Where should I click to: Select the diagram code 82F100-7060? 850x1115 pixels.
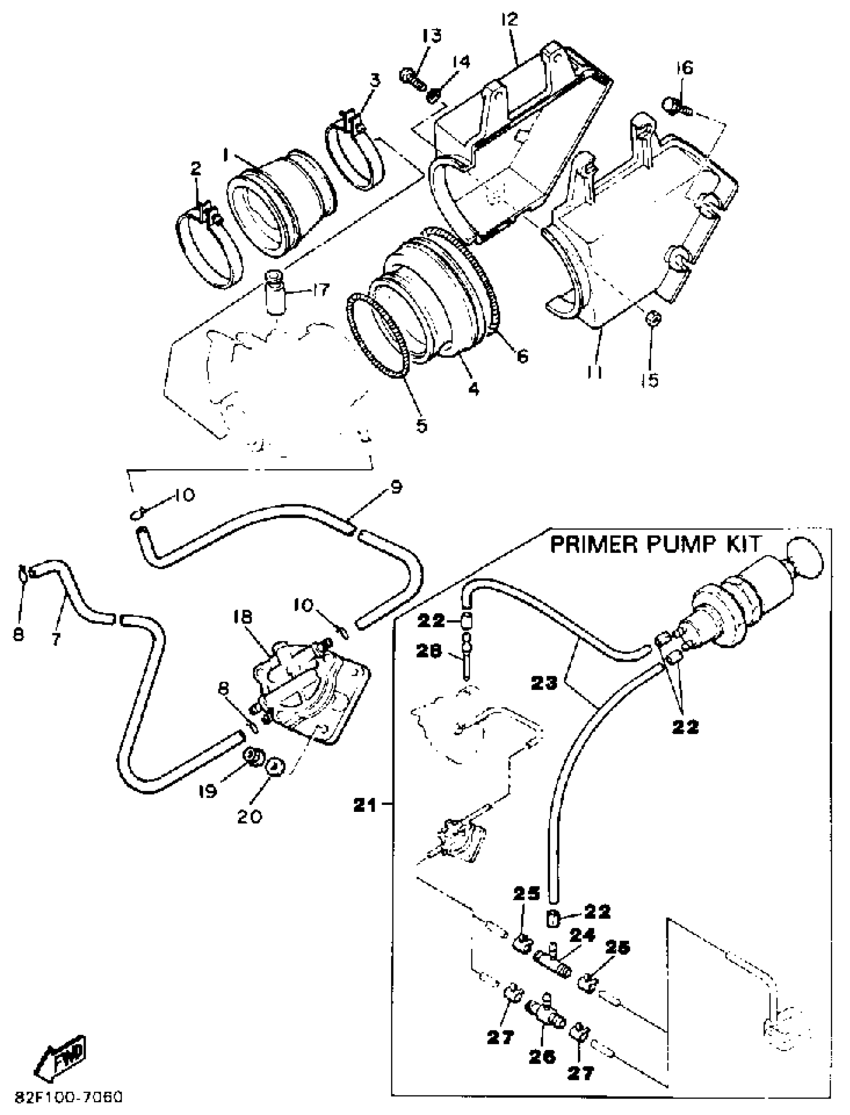(x=69, y=1097)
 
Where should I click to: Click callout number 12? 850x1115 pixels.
(x=509, y=19)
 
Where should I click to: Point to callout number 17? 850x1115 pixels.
(x=320, y=290)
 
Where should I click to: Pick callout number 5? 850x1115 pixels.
(x=421, y=425)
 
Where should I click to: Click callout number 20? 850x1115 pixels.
(x=249, y=816)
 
